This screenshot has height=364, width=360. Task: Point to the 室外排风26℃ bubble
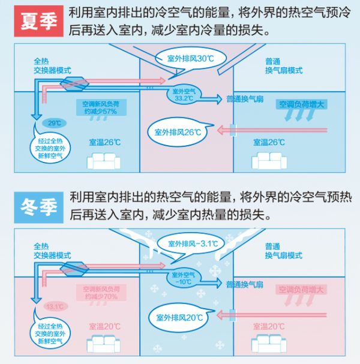176,131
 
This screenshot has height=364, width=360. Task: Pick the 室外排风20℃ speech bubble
176,315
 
